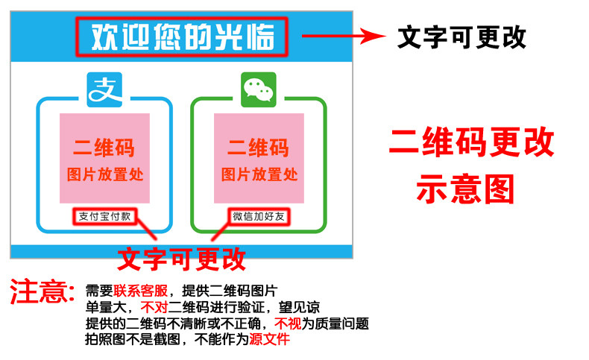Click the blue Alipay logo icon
click(104, 89)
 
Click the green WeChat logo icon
click(259, 89)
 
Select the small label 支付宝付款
click(104, 217)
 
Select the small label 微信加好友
click(258, 217)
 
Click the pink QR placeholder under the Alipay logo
click(104, 158)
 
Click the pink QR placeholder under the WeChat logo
click(259, 158)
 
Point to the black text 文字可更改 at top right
click(462, 37)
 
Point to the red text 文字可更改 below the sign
click(182, 259)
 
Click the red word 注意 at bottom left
click(42, 291)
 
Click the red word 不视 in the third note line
click(286, 324)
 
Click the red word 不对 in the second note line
click(154, 308)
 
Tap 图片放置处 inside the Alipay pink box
click(104, 175)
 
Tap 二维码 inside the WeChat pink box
click(259, 148)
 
